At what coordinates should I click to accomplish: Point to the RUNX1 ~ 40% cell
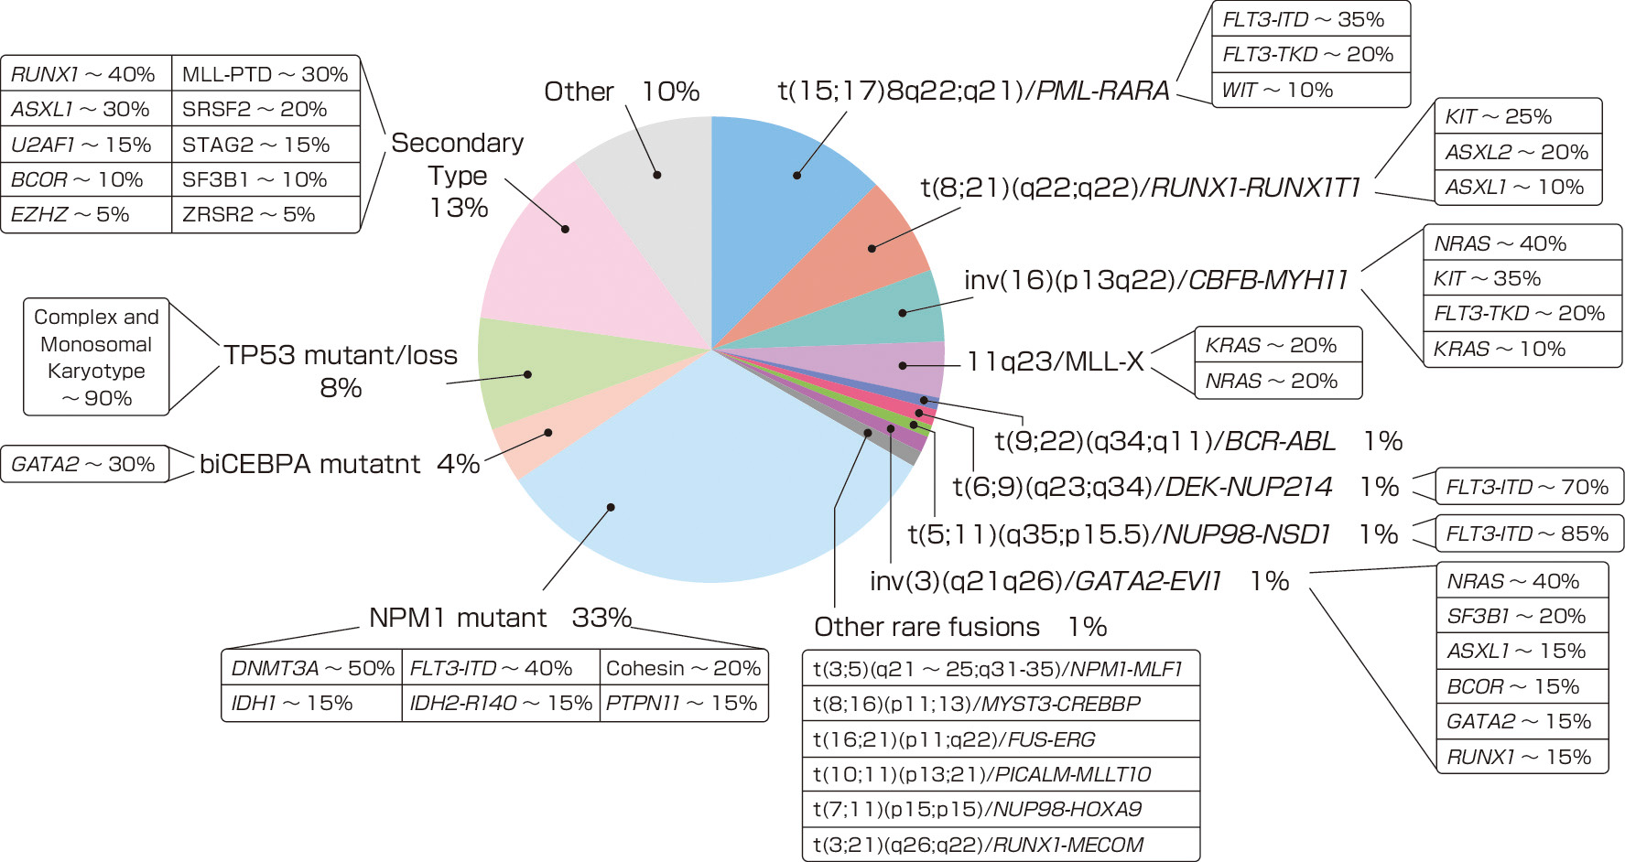(x=84, y=74)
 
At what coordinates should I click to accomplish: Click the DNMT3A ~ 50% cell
(x=312, y=668)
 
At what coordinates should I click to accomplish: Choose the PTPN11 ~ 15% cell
(x=682, y=704)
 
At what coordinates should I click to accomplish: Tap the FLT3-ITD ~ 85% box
(x=1527, y=533)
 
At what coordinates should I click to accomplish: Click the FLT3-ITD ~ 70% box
(x=1527, y=487)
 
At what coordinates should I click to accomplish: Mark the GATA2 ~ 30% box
(x=83, y=464)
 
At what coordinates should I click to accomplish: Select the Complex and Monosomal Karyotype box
(x=96, y=357)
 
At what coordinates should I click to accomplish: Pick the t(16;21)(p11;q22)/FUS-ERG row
(x=1000, y=739)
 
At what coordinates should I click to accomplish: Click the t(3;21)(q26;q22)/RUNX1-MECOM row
(x=1000, y=845)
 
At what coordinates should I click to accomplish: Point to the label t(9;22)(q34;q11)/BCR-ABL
(x=1165, y=441)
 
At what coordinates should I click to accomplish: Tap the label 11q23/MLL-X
(x=1056, y=362)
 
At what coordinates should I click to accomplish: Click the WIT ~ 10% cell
(x=1309, y=90)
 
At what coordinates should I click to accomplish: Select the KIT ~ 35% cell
(x=1521, y=278)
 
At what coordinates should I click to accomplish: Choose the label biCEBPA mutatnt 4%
(x=339, y=464)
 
